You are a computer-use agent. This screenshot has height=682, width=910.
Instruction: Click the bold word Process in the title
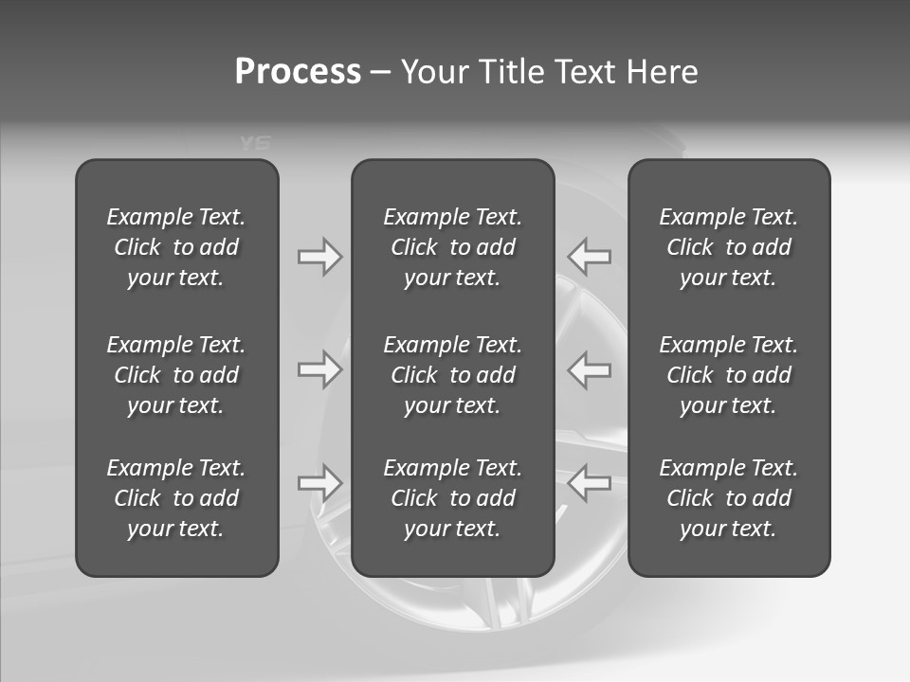[298, 72]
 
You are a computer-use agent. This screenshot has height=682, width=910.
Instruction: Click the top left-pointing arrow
[590, 257]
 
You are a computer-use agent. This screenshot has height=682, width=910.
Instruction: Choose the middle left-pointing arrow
[590, 369]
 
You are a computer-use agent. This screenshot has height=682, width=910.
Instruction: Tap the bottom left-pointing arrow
[590, 482]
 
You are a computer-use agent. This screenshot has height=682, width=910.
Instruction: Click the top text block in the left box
[176, 247]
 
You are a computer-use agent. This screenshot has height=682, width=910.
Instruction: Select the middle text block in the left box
[176, 375]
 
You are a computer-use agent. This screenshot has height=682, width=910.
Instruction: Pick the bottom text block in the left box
[176, 498]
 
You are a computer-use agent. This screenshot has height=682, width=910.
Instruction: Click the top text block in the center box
[453, 247]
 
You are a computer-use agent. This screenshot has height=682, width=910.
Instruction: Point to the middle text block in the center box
[453, 375]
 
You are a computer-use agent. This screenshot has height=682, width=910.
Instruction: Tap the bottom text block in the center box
[453, 498]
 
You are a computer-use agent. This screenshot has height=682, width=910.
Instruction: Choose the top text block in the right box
[729, 247]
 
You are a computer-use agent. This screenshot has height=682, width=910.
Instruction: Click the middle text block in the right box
[729, 375]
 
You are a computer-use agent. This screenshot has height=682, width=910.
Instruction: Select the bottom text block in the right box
[729, 498]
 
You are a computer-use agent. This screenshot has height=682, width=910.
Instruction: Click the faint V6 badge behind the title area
[255, 144]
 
